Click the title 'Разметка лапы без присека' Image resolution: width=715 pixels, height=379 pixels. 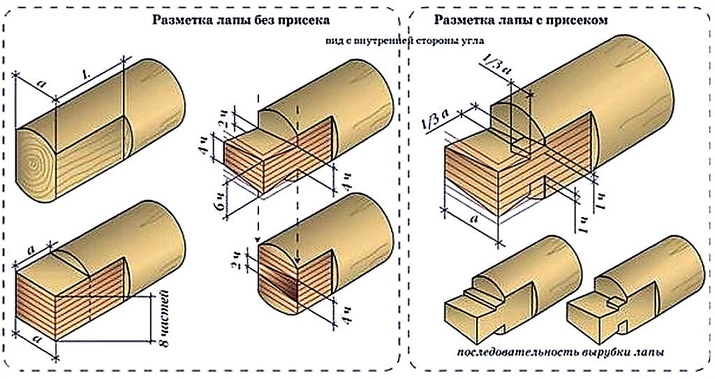click(241, 20)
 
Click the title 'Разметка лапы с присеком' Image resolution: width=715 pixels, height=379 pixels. click(520, 20)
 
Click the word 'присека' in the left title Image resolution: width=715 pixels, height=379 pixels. click(304, 20)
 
